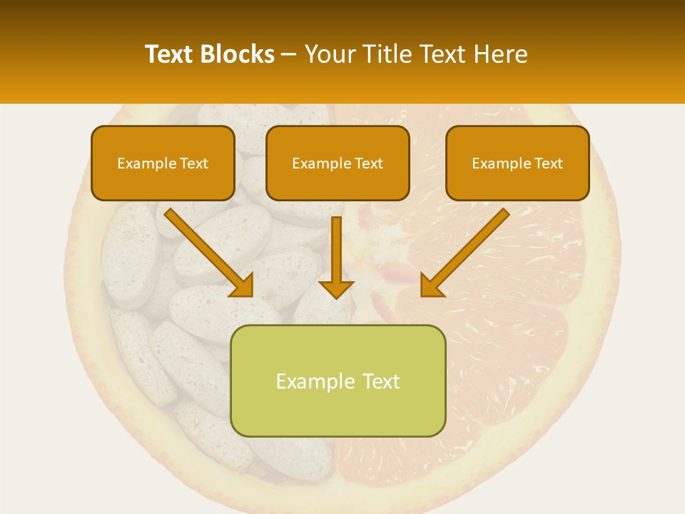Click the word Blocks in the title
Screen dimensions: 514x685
[x=237, y=54]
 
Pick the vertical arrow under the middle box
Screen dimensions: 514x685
[x=336, y=250]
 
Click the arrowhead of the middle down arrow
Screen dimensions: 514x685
[x=336, y=288]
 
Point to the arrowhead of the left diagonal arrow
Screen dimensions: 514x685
[x=243, y=285]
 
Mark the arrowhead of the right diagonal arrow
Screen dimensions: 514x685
[x=431, y=285]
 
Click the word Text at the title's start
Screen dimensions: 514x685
[x=170, y=54]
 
